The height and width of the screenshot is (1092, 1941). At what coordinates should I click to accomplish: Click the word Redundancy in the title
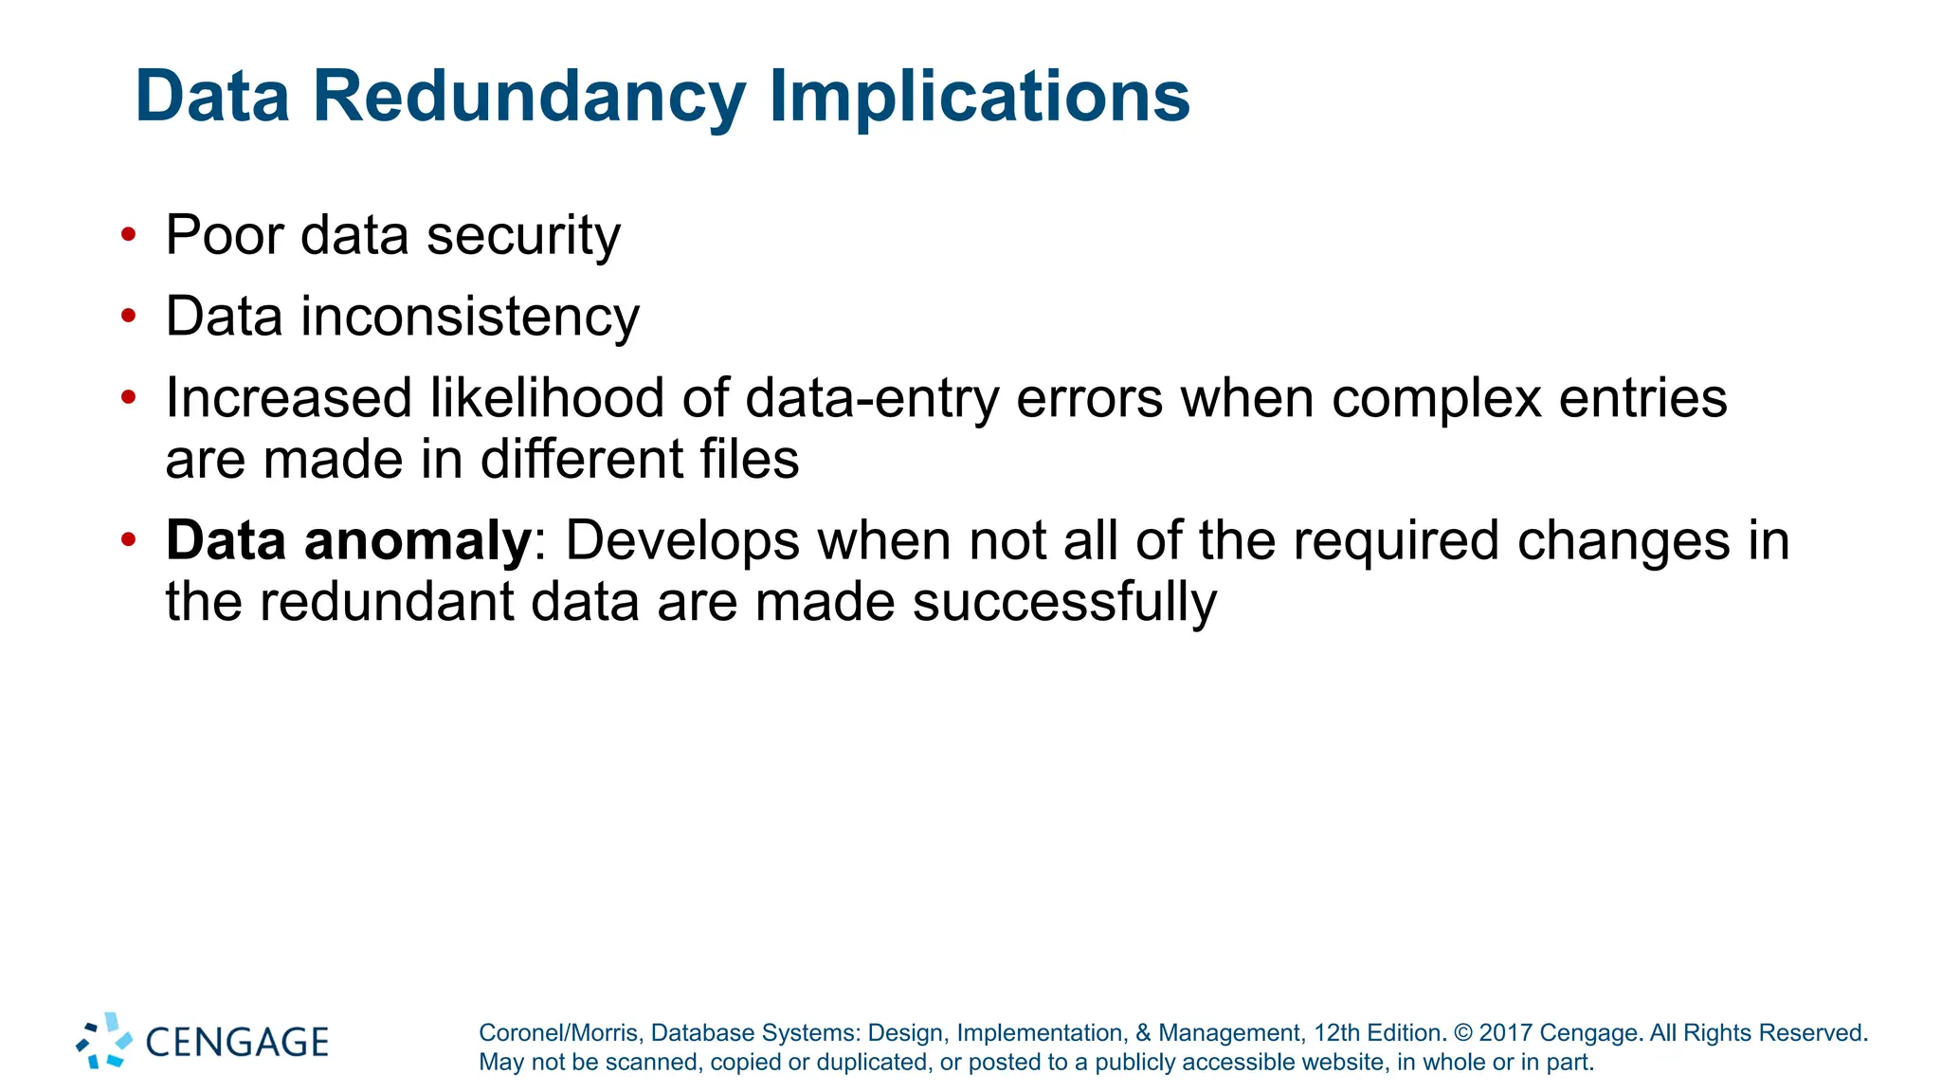click(529, 97)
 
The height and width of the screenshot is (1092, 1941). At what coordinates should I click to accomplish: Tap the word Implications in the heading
click(979, 97)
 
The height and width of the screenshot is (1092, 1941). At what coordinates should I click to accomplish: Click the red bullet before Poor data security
click(129, 234)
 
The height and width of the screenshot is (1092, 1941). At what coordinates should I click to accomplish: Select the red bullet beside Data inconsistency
click(129, 316)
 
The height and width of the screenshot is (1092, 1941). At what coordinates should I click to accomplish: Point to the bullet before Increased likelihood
click(129, 397)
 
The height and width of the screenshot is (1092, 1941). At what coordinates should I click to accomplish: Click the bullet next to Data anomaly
click(129, 540)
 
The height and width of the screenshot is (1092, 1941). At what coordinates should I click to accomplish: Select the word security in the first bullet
click(523, 235)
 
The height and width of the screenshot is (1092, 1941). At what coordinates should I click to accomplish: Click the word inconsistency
click(469, 317)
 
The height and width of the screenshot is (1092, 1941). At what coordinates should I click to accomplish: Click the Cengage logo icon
click(104, 1041)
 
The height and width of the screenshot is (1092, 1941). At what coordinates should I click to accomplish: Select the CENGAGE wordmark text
click(237, 1042)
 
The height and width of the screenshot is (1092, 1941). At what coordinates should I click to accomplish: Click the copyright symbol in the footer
click(1463, 1033)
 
